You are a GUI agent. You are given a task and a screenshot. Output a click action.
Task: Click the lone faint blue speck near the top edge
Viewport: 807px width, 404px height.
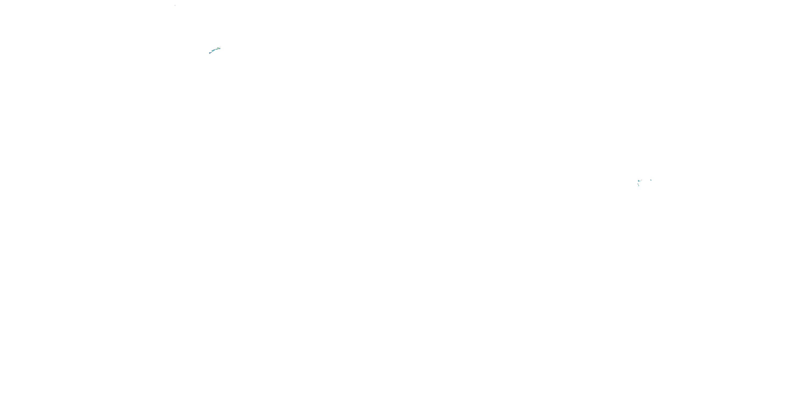click(x=175, y=5)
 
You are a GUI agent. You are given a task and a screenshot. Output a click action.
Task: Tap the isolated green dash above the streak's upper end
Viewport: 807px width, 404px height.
click(x=220, y=47)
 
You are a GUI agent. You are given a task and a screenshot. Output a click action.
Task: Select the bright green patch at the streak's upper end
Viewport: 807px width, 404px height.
click(x=218, y=48)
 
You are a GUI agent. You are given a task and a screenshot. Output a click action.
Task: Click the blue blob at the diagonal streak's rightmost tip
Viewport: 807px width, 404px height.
click(x=220, y=49)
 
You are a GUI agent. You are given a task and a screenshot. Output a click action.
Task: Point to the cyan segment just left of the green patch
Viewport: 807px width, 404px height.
click(x=217, y=49)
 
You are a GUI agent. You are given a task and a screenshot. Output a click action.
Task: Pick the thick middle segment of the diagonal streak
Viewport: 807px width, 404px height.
click(x=214, y=50)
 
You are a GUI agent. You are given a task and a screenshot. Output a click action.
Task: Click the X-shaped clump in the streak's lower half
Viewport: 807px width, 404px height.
click(x=213, y=51)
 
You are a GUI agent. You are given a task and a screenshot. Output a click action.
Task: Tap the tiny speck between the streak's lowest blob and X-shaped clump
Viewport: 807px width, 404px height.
click(x=212, y=52)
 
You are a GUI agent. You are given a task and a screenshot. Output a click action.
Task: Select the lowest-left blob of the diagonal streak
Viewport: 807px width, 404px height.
click(x=210, y=53)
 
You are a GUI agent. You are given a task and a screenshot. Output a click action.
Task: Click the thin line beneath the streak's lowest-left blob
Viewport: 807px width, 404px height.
click(x=210, y=54)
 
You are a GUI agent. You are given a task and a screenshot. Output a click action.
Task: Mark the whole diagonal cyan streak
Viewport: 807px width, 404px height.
click(x=215, y=50)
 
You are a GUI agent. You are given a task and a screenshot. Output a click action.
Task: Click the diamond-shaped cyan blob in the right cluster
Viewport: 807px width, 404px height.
click(x=639, y=181)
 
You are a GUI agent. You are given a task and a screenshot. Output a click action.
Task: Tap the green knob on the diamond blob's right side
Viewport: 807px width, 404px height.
click(x=639, y=181)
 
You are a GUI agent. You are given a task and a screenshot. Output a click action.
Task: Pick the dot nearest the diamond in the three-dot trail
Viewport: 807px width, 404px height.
click(x=640, y=181)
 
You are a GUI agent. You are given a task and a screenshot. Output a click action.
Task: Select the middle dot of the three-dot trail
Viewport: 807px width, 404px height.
click(x=641, y=181)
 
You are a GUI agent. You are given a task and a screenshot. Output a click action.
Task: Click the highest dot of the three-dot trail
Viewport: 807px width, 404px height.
click(x=642, y=180)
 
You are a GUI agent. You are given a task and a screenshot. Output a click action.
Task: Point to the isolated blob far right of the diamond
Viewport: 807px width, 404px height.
click(x=651, y=180)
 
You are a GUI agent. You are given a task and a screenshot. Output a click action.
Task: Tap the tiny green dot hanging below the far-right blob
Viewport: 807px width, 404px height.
click(x=651, y=180)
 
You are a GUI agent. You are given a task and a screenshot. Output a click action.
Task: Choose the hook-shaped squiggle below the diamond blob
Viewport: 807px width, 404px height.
click(x=638, y=184)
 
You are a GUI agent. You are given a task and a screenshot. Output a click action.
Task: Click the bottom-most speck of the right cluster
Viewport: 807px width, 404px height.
click(x=639, y=186)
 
